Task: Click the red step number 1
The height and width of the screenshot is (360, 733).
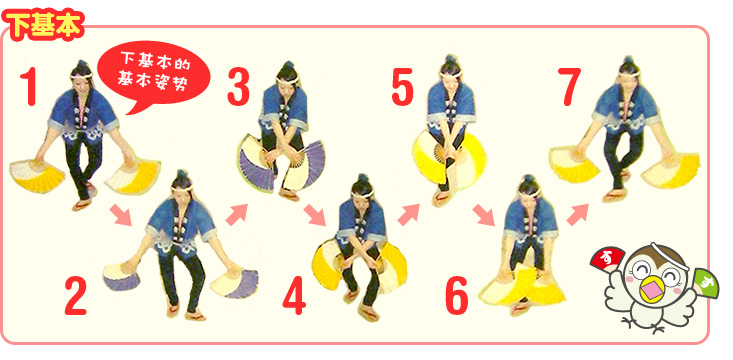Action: [29, 86]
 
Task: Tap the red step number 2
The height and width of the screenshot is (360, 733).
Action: [76, 295]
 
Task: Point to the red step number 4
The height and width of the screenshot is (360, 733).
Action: [294, 295]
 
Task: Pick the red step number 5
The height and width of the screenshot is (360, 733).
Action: [402, 86]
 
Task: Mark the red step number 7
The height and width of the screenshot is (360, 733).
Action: [569, 86]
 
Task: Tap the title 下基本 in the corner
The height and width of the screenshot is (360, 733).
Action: [43, 26]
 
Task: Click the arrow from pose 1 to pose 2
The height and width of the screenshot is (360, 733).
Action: [121, 215]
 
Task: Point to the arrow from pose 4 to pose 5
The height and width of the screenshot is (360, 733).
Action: [408, 215]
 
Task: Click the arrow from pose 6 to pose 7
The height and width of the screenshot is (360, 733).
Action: [577, 215]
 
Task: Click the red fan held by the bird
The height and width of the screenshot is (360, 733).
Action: [607, 259]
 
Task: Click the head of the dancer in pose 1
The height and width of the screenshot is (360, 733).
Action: [82, 76]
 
